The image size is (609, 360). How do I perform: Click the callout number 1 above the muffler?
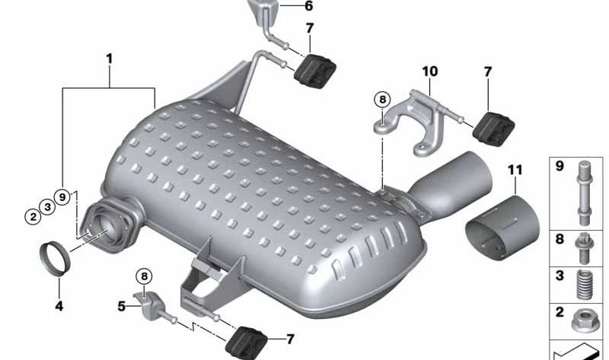tap(110, 59)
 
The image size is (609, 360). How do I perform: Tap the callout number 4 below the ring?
tap(59, 306)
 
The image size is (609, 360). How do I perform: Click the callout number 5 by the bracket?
tap(122, 307)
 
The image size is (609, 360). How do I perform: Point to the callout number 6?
tap(309, 6)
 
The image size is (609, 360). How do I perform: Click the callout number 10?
tap(430, 72)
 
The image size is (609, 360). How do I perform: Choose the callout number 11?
tap(515, 170)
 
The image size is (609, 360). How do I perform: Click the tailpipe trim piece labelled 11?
tap(502, 228)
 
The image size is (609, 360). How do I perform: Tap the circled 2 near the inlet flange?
tap(33, 216)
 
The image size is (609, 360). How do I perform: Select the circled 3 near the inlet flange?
tap(47, 206)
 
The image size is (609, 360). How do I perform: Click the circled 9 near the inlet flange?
tap(62, 197)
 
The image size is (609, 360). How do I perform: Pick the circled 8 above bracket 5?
tap(144, 276)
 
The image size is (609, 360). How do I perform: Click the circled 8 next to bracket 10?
tap(383, 100)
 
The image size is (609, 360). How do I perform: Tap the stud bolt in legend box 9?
tap(584, 193)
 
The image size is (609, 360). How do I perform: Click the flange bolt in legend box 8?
tap(583, 249)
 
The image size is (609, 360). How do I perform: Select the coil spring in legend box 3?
tap(584, 285)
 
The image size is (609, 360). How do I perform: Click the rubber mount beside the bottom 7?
tap(247, 344)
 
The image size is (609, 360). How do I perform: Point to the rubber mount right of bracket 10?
tap(493, 129)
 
